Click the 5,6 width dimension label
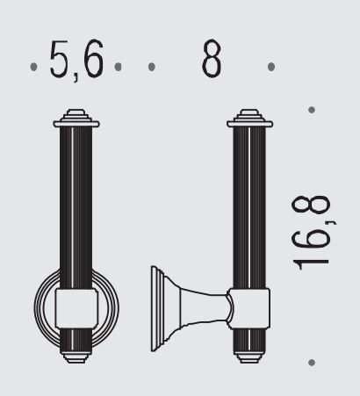[76, 60]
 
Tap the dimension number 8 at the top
[212, 58]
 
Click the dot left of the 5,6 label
[33, 67]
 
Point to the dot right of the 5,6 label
[118, 67]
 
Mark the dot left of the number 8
[152, 67]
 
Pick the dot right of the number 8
[271, 67]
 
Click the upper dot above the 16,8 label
[312, 110]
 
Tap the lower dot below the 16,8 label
[312, 363]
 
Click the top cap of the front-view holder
[76, 119]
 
